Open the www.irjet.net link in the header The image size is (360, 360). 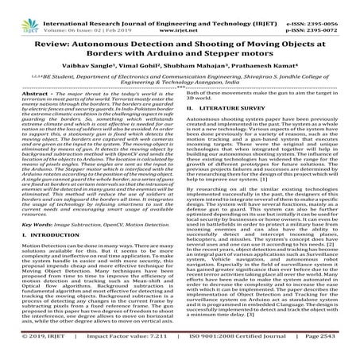pyautogui.click(x=180, y=14)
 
